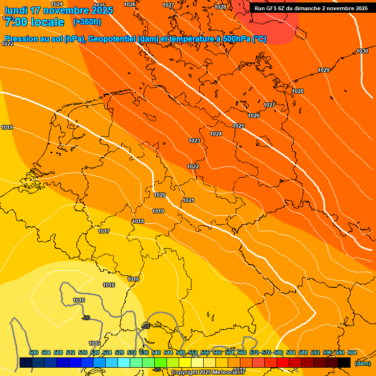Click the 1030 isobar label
click(x=362, y=51)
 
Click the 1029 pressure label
click(x=324, y=70)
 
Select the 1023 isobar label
click(x=194, y=141)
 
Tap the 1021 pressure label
click(x=188, y=200)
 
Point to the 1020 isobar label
click(x=160, y=195)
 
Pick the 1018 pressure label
click(x=138, y=222)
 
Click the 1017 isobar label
click(x=104, y=232)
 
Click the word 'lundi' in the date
click(x=15, y=10)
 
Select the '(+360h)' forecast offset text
click(x=87, y=22)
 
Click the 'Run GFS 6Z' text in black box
click(x=274, y=8)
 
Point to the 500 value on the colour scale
click(x=34, y=352)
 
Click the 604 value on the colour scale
click(x=352, y=352)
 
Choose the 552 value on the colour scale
click(x=193, y=352)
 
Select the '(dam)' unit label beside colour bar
click(x=362, y=363)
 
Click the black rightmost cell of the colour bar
click(x=344, y=363)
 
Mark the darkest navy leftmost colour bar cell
click(x=26, y=363)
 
